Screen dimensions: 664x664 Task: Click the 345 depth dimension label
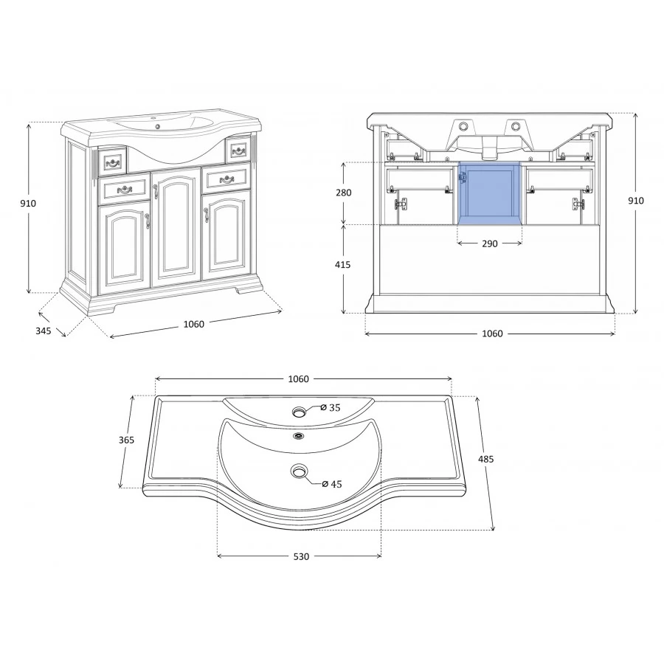click(44, 331)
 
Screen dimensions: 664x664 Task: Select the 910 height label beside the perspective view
click(28, 204)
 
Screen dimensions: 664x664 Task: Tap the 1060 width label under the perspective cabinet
click(193, 325)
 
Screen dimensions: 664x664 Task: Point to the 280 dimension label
click(343, 193)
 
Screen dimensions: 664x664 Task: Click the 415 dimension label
click(342, 265)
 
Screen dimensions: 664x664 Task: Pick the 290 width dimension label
click(490, 244)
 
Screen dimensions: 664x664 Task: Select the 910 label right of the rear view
click(636, 201)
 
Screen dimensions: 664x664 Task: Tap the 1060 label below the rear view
click(493, 333)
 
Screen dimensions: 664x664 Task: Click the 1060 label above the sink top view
click(299, 379)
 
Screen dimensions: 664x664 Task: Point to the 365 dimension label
click(126, 440)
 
